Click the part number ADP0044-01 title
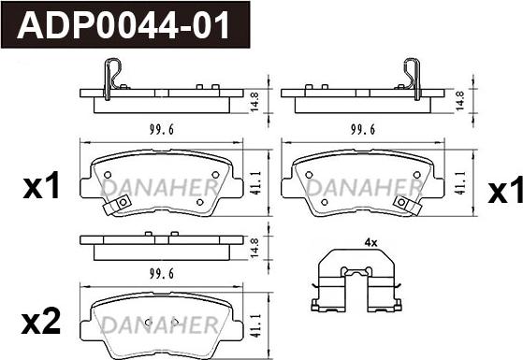(123, 25)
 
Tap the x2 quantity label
(41, 321)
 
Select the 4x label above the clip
(370, 243)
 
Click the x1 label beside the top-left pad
(41, 185)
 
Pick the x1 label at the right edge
(504, 189)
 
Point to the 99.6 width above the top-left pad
(162, 129)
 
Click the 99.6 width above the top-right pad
(363, 129)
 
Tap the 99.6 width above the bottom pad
(162, 274)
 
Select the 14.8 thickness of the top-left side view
(254, 102)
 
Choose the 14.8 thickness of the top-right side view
(459, 101)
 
